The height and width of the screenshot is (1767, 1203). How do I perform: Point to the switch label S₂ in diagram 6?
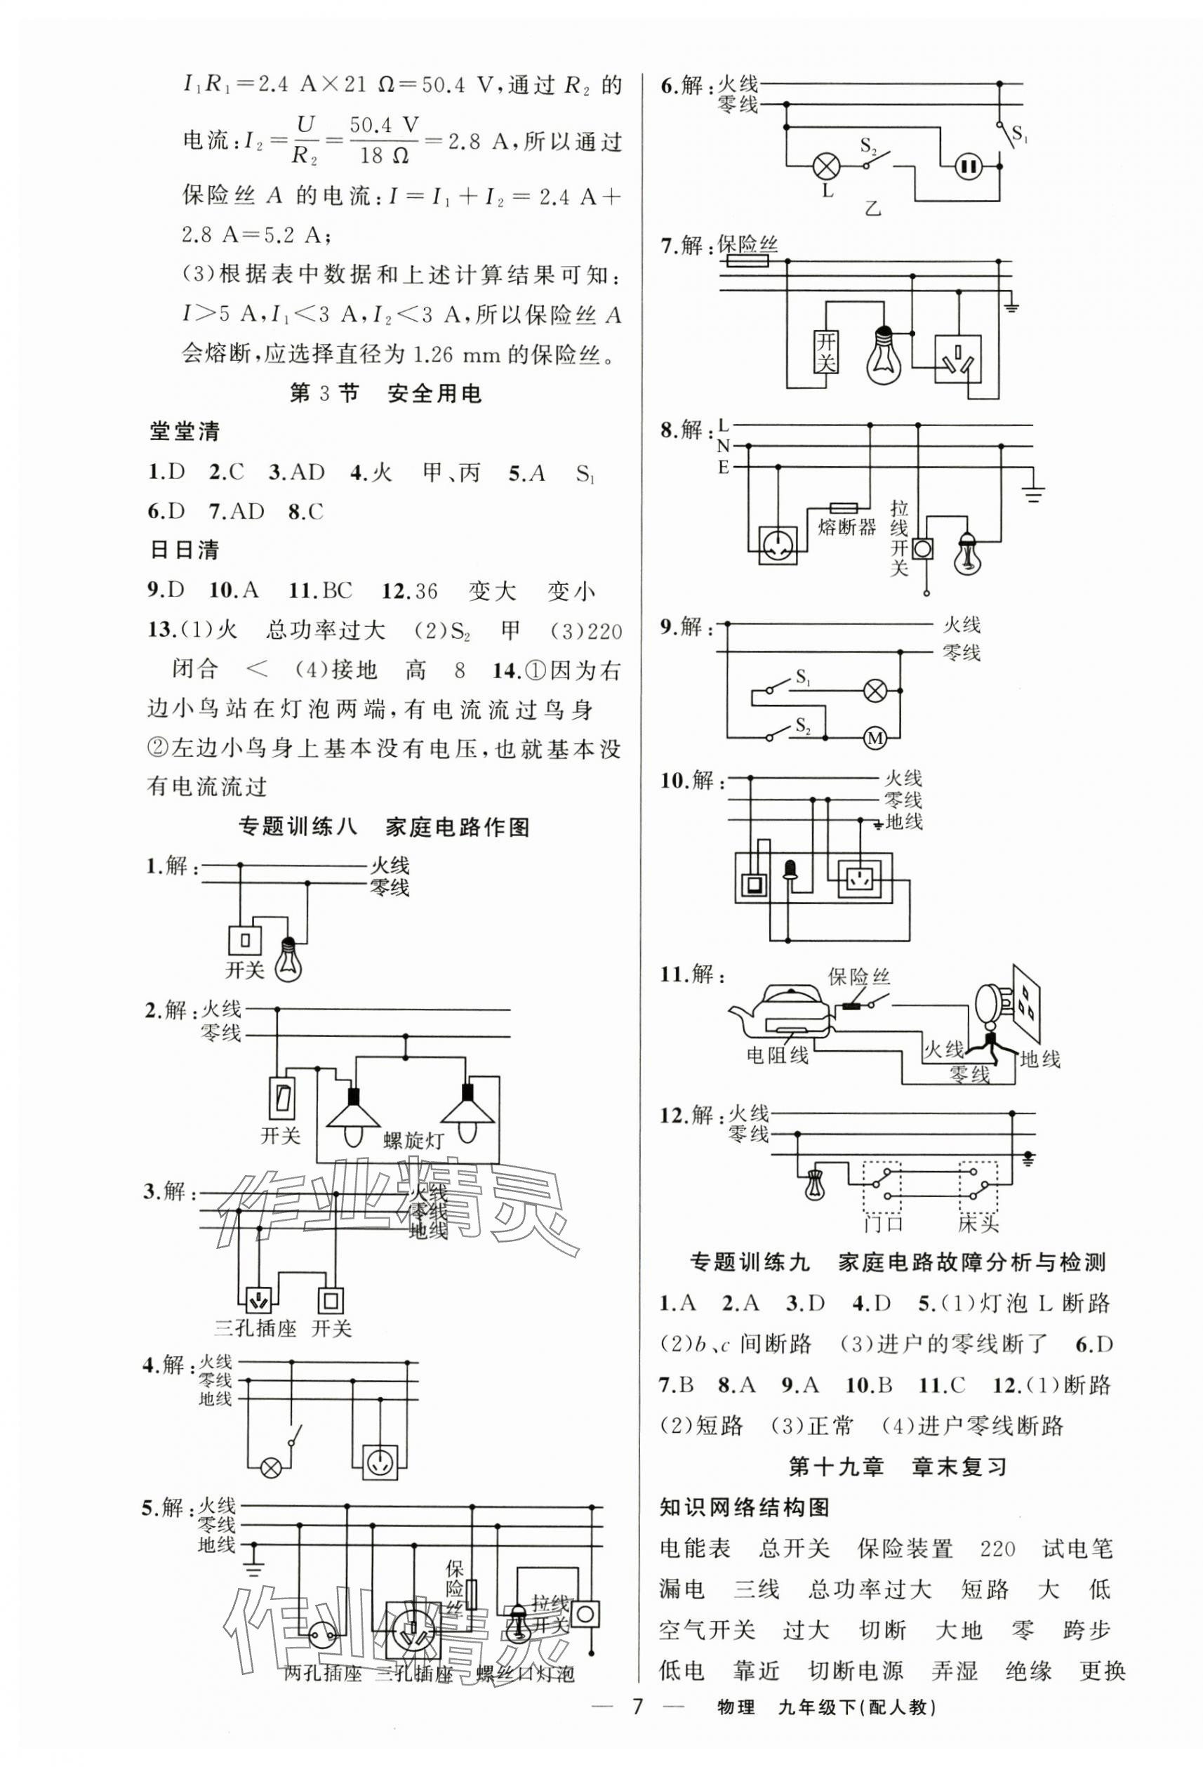pyautogui.click(x=869, y=144)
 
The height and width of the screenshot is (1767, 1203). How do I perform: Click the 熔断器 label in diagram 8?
pyautogui.click(x=847, y=527)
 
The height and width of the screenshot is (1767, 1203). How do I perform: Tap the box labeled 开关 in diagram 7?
pyautogui.click(x=825, y=352)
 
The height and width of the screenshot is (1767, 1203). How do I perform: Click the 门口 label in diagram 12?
pyautogui.click(x=883, y=1224)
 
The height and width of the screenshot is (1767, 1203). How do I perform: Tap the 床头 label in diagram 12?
pyautogui.click(x=979, y=1224)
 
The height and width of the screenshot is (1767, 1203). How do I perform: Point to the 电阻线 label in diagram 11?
pyautogui.click(x=778, y=1055)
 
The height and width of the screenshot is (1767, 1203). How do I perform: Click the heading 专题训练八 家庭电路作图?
pyautogui.click(x=385, y=827)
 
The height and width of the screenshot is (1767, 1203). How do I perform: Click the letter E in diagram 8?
pyautogui.click(x=724, y=467)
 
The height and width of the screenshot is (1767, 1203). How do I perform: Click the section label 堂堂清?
pyautogui.click(x=185, y=432)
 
